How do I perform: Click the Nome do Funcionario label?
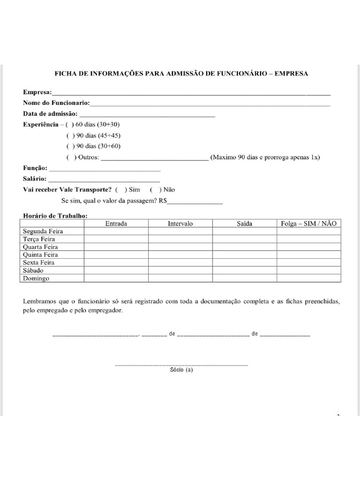[x=57, y=103]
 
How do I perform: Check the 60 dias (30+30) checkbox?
[x=70, y=125]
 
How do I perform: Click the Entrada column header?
[x=116, y=224]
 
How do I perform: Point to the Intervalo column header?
[x=180, y=224]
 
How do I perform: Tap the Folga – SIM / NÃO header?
[x=308, y=224]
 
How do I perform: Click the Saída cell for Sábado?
[x=244, y=270]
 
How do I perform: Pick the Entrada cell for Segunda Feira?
[x=116, y=231]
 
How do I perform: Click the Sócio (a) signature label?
[x=181, y=370]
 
